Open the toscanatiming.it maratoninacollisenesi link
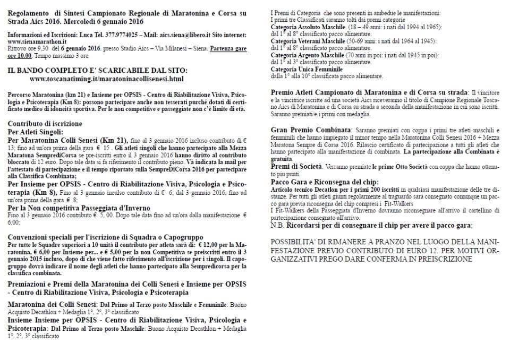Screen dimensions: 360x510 point(107,79)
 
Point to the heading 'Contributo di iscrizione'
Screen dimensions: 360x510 point(45,124)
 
